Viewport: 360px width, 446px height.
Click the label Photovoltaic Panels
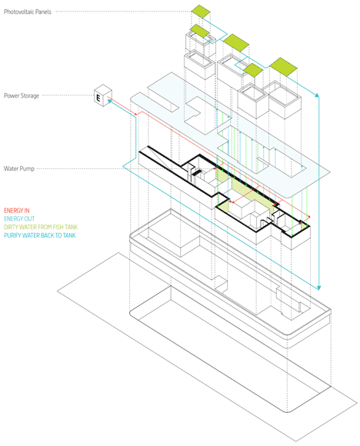pyautogui.click(x=28, y=12)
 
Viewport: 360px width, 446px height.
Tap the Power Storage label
pyautogui.click(x=22, y=95)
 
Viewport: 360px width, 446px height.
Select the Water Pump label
pyautogui.click(x=19, y=168)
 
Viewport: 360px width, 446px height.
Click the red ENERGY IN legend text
pyautogui.click(x=17, y=211)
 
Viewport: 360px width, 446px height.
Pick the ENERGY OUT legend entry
pyautogui.click(x=19, y=218)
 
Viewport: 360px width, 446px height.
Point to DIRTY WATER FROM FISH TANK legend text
pyautogui.click(x=41, y=227)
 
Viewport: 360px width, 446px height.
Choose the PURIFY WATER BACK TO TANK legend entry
pyautogui.click(x=40, y=235)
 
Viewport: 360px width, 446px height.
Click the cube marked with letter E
pyautogui.click(x=103, y=95)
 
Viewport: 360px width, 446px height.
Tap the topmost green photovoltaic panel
pyautogui.click(x=201, y=12)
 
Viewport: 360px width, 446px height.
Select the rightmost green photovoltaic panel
pyautogui.click(x=283, y=67)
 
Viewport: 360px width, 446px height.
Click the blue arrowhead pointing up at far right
pyautogui.click(x=317, y=95)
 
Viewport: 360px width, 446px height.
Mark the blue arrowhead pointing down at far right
pyautogui.click(x=318, y=288)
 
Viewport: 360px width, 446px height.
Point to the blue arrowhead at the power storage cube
pyautogui.click(x=109, y=101)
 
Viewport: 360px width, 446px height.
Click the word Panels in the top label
pyautogui.click(x=44, y=12)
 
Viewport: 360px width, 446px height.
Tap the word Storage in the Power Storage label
pyautogui.click(x=29, y=96)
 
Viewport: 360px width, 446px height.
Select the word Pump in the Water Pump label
pyautogui.click(x=28, y=169)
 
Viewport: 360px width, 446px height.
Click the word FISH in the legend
pyautogui.click(x=58, y=227)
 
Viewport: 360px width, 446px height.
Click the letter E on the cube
pyautogui.click(x=98, y=98)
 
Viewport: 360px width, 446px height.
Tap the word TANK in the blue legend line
pyautogui.click(x=69, y=235)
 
